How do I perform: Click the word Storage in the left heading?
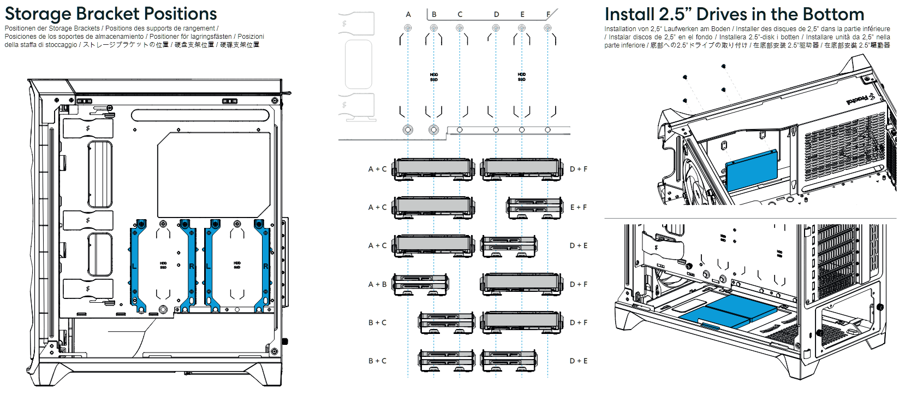click(x=38, y=14)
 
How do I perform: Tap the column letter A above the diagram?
click(x=408, y=15)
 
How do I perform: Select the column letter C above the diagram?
click(x=460, y=15)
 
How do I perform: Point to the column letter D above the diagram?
click(x=496, y=15)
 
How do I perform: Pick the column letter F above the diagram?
click(x=548, y=15)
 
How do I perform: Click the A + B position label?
click(x=377, y=284)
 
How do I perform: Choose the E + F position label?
click(x=579, y=208)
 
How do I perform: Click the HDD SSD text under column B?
click(x=434, y=77)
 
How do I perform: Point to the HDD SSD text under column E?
click(x=522, y=77)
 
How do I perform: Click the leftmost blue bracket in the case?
click(x=139, y=266)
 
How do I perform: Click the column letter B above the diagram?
click(x=434, y=15)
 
